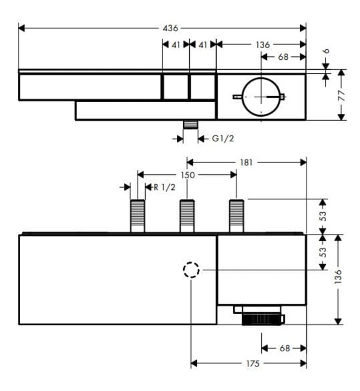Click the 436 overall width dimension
tap(170, 27)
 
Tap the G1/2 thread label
tap(223, 138)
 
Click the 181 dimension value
tap(246, 162)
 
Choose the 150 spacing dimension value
tap(188, 175)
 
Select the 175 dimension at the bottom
tap(253, 364)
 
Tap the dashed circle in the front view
tap(191, 270)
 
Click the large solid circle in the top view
tap(261, 97)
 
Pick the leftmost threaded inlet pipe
tap(137, 216)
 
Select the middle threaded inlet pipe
tap(187, 216)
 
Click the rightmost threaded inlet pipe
tap(237, 216)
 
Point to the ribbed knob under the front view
tap(262, 320)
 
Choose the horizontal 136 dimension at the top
tap(262, 44)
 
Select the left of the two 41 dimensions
tap(176, 44)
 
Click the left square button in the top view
tap(175, 88)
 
